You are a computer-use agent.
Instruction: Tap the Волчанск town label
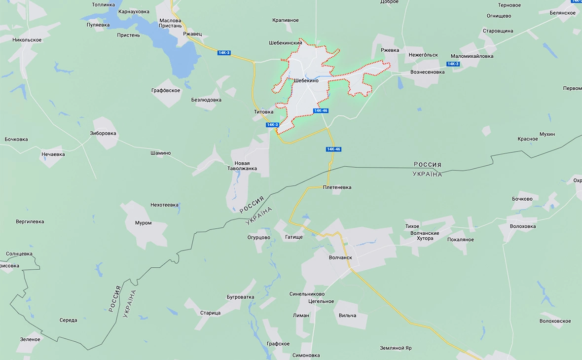tap(340, 257)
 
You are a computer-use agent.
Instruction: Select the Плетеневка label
tap(337, 187)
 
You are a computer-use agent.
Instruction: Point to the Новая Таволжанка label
tap(242, 166)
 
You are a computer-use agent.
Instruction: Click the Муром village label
tap(144, 223)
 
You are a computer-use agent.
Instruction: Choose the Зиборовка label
tap(103, 133)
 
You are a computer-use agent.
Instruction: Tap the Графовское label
tap(166, 91)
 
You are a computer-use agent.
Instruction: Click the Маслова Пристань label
tap(171, 23)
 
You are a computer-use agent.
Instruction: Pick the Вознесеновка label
tap(428, 72)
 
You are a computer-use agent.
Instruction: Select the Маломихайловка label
tap(472, 56)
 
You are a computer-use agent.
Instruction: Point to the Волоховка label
tap(523, 226)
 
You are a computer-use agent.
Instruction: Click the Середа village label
tap(69, 320)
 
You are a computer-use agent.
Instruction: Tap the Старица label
tap(211, 313)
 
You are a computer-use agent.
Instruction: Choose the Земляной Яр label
tap(396, 348)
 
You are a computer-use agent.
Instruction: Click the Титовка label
tap(263, 112)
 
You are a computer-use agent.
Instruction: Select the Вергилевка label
tap(30, 221)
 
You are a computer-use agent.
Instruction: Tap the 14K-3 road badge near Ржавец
tap(224, 53)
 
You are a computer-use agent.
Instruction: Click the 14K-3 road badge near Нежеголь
tap(453, 64)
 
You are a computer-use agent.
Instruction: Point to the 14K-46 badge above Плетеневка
tap(333, 149)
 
